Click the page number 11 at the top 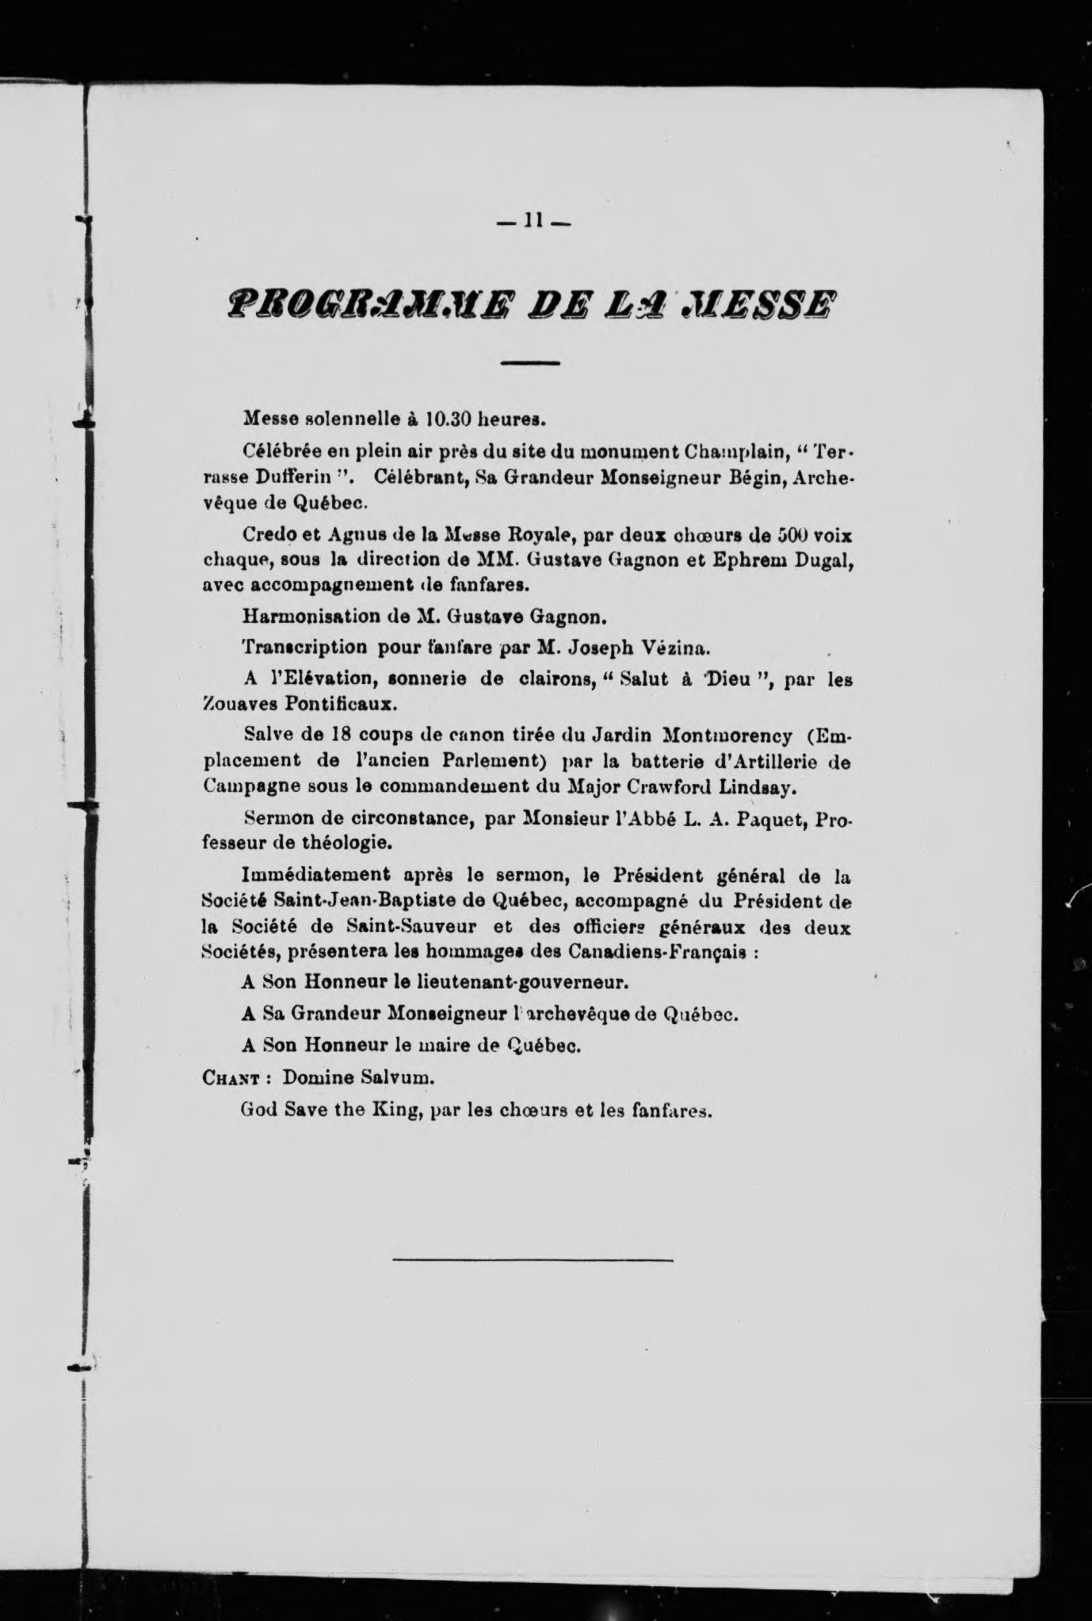click(530, 223)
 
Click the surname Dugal click(824, 561)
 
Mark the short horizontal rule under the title click(530, 363)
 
